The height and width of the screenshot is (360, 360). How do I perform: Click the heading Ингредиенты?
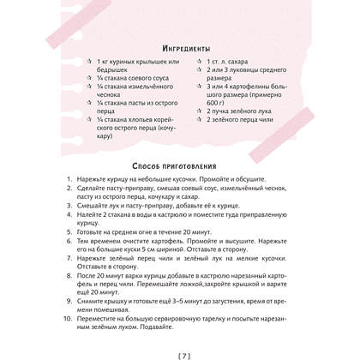180,48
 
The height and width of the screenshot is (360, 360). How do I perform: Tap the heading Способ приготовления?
180,165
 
